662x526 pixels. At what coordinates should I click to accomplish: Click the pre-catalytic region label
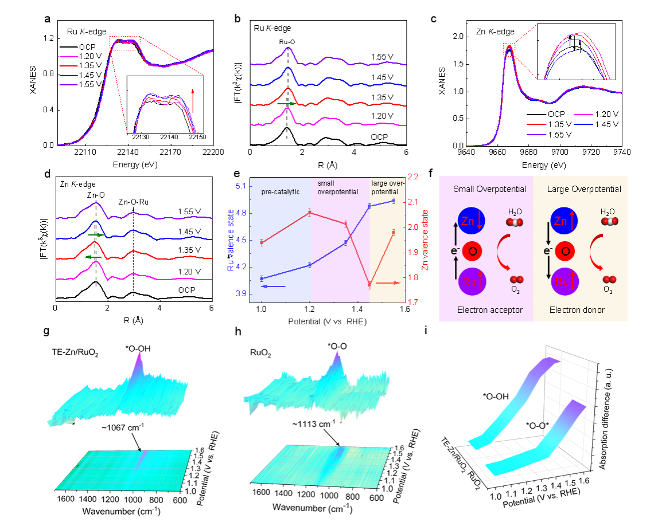click(281, 192)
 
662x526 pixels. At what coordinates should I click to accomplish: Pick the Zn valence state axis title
click(425, 241)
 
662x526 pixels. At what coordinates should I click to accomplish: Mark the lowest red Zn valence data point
click(369, 284)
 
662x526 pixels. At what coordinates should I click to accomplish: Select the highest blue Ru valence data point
click(394, 201)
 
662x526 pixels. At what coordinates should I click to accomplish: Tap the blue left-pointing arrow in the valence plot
click(273, 286)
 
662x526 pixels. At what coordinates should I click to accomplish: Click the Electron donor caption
click(577, 310)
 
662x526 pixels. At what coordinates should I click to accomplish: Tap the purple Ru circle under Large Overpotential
click(564, 282)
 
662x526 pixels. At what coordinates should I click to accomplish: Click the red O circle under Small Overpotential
click(472, 251)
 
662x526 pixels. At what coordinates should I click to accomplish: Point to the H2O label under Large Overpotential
click(608, 211)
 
